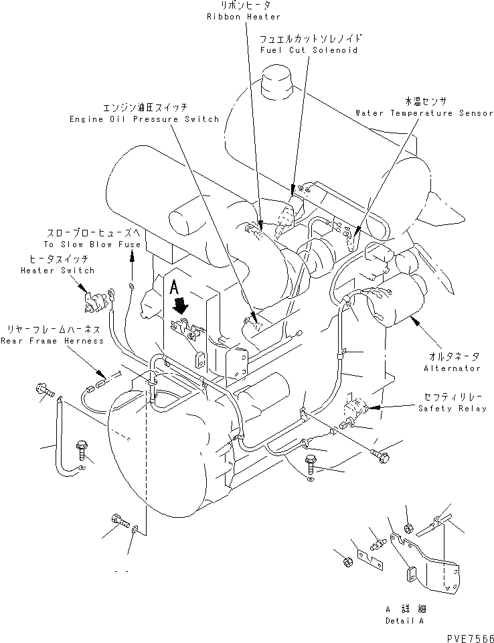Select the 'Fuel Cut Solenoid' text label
coord(309,50)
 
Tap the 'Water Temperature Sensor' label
coord(424,114)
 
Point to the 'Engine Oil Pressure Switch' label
coord(144,119)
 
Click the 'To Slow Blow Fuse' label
coord(93,244)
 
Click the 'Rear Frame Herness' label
coord(52,341)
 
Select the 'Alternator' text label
coord(452,368)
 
